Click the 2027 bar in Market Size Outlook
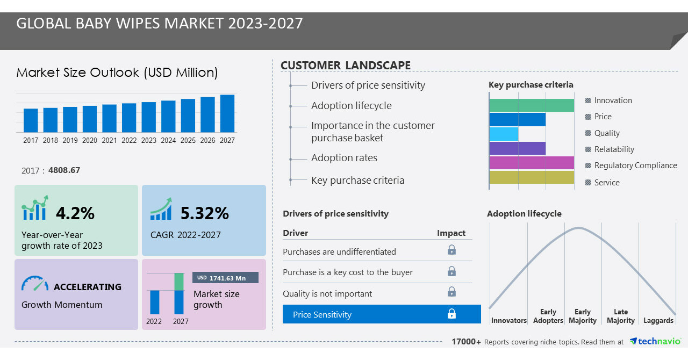[227, 114]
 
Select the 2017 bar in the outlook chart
[31, 120]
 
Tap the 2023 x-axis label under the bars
[149, 140]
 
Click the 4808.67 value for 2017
[64, 170]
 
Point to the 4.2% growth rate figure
[75, 213]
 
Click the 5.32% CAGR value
[204, 213]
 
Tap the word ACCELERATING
[88, 287]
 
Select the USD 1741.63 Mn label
[225, 278]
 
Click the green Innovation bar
[532, 105]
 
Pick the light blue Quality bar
[504, 134]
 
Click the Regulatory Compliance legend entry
[635, 165]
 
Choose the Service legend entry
[606, 183]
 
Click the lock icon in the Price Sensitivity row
[451, 314]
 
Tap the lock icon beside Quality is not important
[451, 292]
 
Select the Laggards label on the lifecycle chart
[658, 321]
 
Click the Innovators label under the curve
[508, 321]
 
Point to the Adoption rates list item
[344, 158]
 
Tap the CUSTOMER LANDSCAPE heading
[346, 66]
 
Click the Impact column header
[451, 233]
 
